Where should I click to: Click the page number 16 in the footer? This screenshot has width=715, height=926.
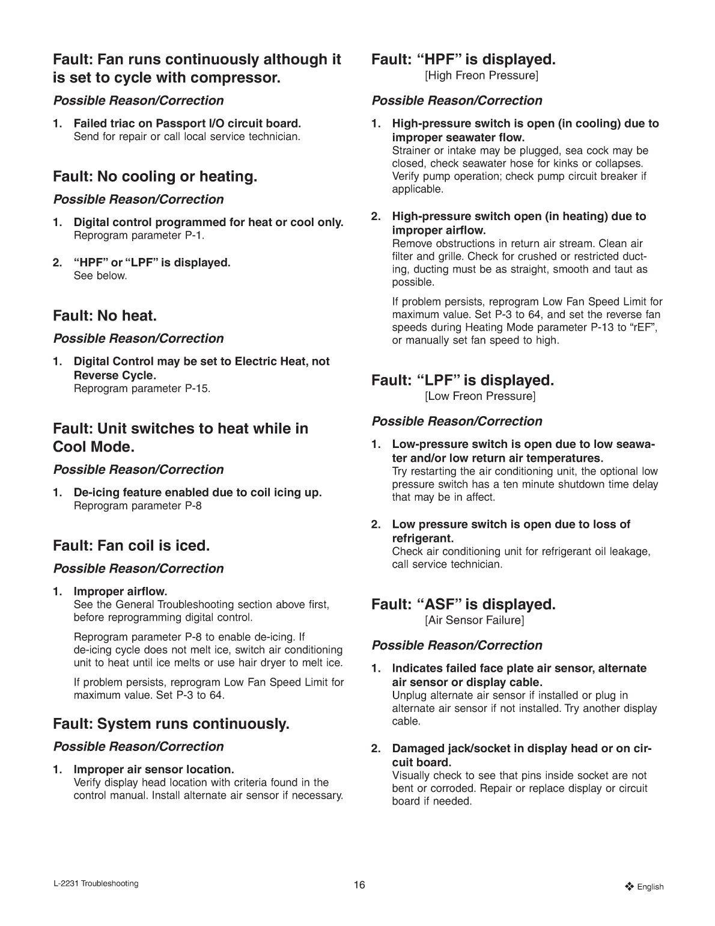click(x=359, y=884)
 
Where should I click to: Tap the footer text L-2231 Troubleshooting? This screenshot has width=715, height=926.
click(x=96, y=883)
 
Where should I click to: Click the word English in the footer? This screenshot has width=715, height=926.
click(x=650, y=886)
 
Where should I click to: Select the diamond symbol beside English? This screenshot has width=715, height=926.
click(x=630, y=886)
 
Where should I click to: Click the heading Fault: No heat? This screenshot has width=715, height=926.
click(x=105, y=316)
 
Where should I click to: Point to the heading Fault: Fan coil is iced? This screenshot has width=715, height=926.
click(x=132, y=546)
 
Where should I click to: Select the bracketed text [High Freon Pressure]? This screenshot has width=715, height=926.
click(x=481, y=76)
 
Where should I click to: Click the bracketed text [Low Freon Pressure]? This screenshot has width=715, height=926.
click(x=480, y=396)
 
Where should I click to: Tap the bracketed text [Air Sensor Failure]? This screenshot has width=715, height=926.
click(x=474, y=620)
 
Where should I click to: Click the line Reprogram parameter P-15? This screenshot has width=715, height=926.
click(x=142, y=388)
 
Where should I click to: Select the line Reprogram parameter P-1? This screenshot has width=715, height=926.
click(x=139, y=235)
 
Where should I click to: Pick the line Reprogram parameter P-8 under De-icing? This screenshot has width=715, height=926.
click(x=138, y=506)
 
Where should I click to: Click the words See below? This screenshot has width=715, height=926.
click(x=100, y=276)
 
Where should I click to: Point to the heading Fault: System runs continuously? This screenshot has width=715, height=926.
click(x=171, y=723)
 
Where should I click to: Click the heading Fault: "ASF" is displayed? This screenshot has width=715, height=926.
click(x=463, y=604)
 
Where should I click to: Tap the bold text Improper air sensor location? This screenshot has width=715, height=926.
click(x=153, y=769)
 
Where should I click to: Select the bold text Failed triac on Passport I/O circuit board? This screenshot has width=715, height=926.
click(x=187, y=123)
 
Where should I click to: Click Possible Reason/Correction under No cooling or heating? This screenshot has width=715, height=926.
click(x=138, y=199)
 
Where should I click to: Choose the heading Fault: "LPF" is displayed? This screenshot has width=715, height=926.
click(x=462, y=380)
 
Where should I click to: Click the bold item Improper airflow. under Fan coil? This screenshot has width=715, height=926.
click(x=120, y=591)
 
